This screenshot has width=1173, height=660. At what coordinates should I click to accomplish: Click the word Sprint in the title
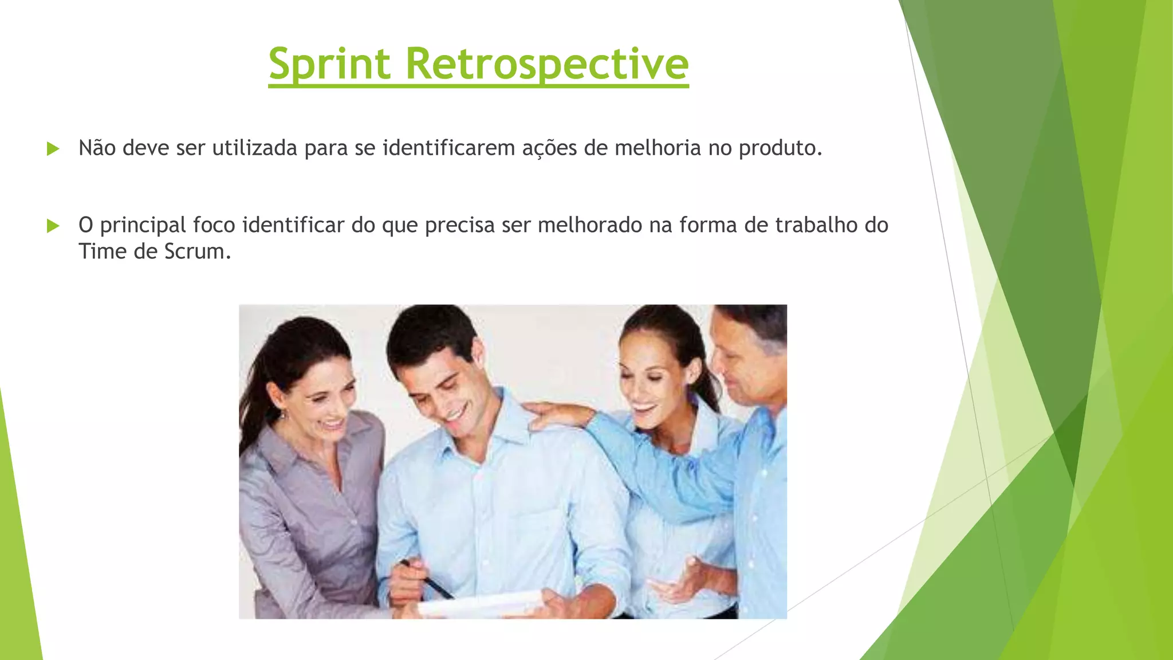(x=329, y=64)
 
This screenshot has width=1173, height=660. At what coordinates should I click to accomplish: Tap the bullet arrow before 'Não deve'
(x=53, y=149)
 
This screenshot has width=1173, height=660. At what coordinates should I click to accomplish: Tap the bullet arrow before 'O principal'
(x=53, y=226)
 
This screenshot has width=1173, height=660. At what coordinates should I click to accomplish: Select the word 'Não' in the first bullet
(x=97, y=148)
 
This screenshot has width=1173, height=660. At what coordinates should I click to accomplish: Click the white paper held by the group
(x=481, y=604)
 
